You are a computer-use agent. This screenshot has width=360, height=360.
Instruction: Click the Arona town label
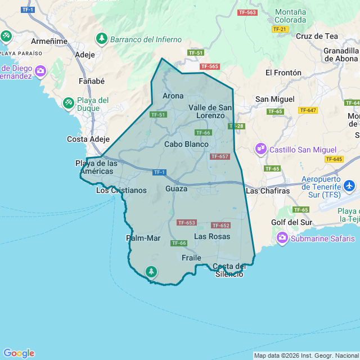click(x=173, y=96)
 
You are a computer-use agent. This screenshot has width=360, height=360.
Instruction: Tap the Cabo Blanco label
click(x=186, y=144)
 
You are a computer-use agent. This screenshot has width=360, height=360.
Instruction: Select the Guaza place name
click(x=176, y=189)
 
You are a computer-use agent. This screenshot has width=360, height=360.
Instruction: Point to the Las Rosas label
click(x=212, y=236)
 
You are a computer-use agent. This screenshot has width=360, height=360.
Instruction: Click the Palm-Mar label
click(x=143, y=238)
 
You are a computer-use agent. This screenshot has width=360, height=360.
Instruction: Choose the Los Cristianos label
click(x=121, y=190)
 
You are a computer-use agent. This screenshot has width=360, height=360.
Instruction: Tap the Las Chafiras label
click(x=268, y=191)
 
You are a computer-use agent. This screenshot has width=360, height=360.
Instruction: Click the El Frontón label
click(x=283, y=73)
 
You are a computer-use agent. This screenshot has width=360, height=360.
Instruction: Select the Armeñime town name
click(x=49, y=41)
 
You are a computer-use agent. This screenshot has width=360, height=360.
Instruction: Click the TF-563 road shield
click(x=247, y=12)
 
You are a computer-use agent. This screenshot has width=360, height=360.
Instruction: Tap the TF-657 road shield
click(x=219, y=156)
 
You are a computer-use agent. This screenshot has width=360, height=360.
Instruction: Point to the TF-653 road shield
click(x=186, y=223)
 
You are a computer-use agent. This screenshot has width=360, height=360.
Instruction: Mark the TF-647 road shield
click(x=308, y=110)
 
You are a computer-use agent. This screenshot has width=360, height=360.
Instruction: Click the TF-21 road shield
click(x=280, y=29)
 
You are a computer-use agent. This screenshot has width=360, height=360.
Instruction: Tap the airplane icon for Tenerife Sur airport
click(x=349, y=185)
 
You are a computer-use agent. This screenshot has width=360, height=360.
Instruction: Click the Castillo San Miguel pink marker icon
click(x=261, y=149)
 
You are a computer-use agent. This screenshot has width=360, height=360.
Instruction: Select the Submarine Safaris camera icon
click(x=282, y=238)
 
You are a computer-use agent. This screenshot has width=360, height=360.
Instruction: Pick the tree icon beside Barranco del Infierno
click(x=102, y=39)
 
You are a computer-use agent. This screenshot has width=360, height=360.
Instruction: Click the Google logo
click(x=19, y=353)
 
